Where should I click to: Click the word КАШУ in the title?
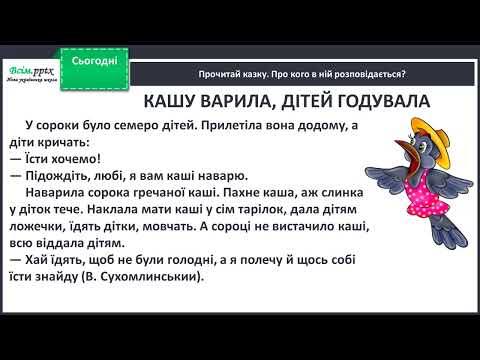coord(171,101)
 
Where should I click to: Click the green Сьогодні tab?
coord(94,60)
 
